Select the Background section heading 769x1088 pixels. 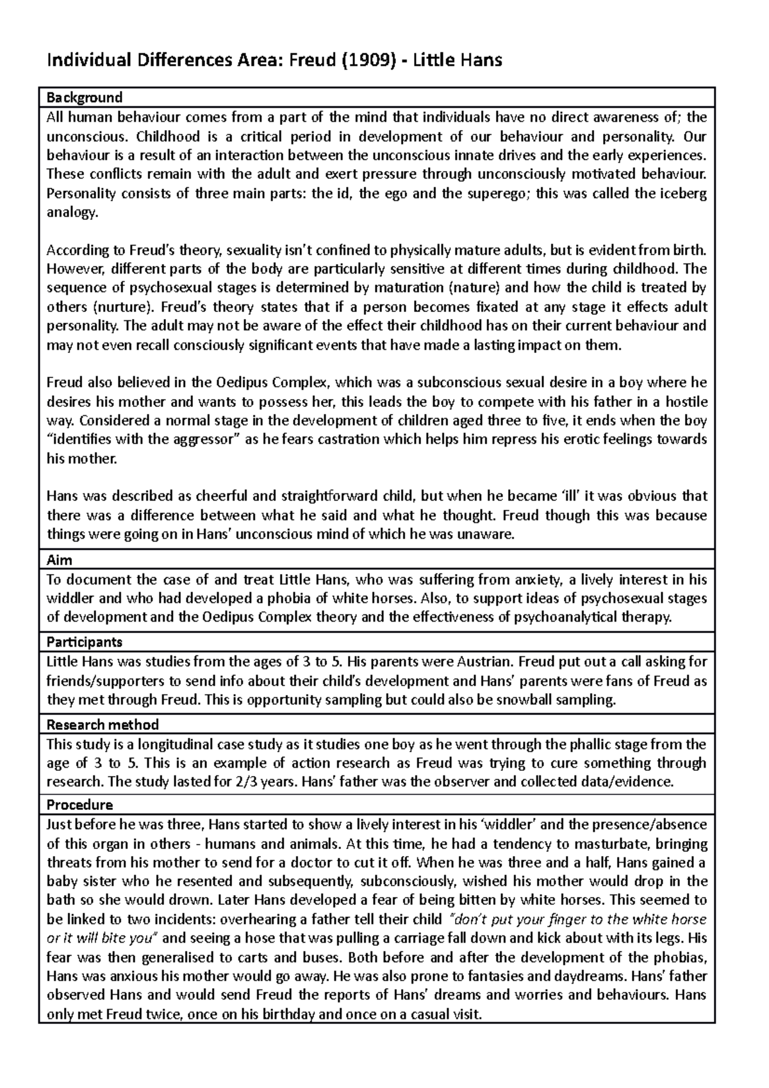pos(85,97)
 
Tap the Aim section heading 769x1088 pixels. pos(60,560)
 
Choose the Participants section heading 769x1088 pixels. pos(85,641)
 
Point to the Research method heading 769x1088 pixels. pos(103,725)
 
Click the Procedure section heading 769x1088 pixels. pos(80,805)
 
